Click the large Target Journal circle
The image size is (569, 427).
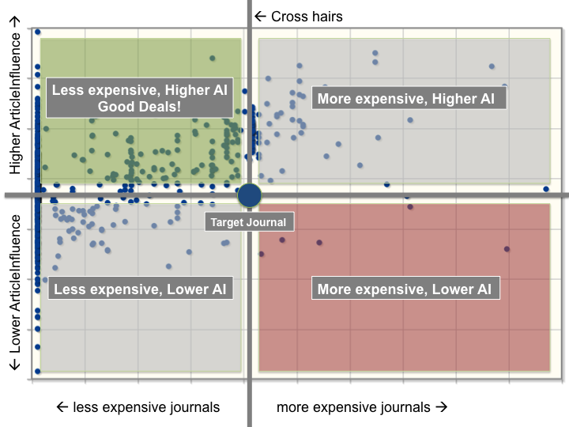(249, 195)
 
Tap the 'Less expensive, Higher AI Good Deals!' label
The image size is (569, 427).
(140, 99)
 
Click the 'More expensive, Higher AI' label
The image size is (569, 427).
(405, 99)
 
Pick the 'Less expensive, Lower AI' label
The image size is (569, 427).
(140, 289)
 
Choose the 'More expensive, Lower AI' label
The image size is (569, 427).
(404, 289)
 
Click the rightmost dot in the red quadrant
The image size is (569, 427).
(507, 249)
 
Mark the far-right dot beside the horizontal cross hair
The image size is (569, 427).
(546, 189)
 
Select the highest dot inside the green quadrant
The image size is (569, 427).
(212, 58)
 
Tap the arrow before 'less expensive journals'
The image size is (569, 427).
(63, 407)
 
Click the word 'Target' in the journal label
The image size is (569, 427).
(227, 222)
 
